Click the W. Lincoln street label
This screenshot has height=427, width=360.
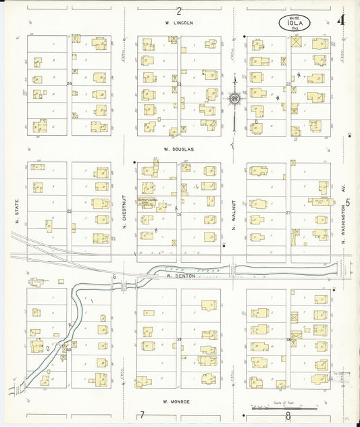[179, 23]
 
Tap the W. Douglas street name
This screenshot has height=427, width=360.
[179, 149]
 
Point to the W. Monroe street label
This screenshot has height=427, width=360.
[178, 401]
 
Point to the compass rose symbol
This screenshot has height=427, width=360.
[234, 99]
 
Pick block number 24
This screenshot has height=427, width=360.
[69, 83]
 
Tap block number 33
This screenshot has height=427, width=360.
[179, 339]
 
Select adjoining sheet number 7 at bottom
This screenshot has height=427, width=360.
[142, 415]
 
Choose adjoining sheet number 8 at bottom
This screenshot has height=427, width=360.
[288, 416]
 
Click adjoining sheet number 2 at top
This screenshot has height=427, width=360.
[179, 11]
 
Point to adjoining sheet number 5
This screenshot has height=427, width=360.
[349, 203]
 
